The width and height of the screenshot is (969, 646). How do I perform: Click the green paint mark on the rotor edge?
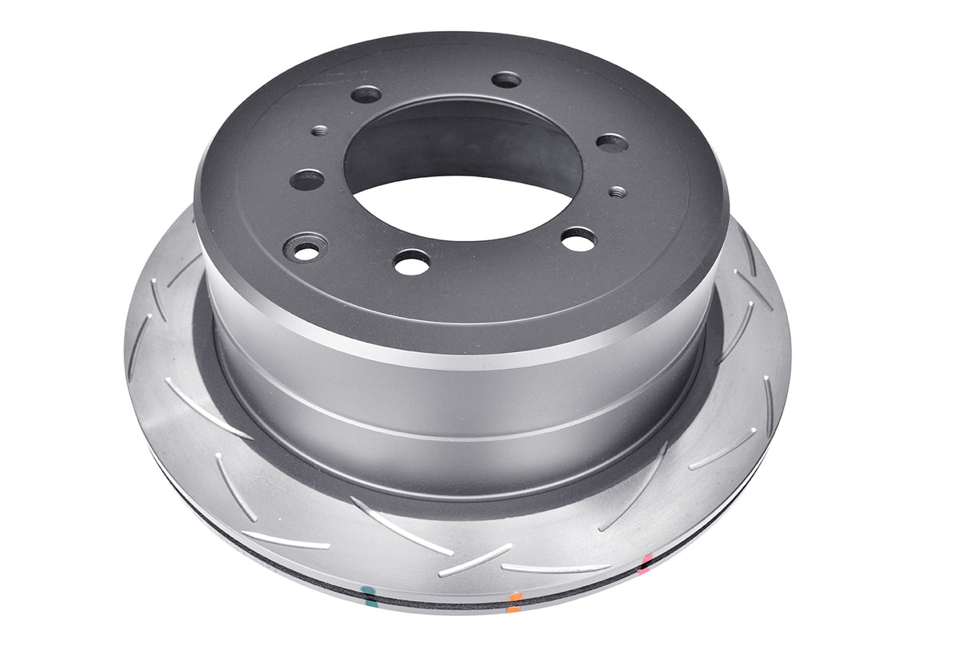click(x=367, y=592)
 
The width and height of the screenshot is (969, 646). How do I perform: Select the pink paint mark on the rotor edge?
click(x=645, y=565)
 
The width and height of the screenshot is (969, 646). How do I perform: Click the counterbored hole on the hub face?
click(x=306, y=248)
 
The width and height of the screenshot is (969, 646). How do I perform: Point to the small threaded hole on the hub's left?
click(x=319, y=130)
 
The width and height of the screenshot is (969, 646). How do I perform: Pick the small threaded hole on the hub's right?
click(x=617, y=192)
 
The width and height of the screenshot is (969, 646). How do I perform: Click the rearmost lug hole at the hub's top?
click(x=506, y=80)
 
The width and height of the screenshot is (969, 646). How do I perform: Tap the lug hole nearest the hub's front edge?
click(x=412, y=262)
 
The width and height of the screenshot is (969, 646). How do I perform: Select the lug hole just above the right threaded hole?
click(x=611, y=143)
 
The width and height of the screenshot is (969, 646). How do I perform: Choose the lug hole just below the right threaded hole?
click(x=579, y=238)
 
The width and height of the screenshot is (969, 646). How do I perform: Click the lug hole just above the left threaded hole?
click(x=366, y=94)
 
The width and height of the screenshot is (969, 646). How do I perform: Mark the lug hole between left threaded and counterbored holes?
click(x=307, y=180)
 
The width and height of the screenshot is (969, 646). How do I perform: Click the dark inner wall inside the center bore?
click(x=463, y=140)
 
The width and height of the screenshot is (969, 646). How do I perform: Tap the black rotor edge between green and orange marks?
click(x=439, y=600)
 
